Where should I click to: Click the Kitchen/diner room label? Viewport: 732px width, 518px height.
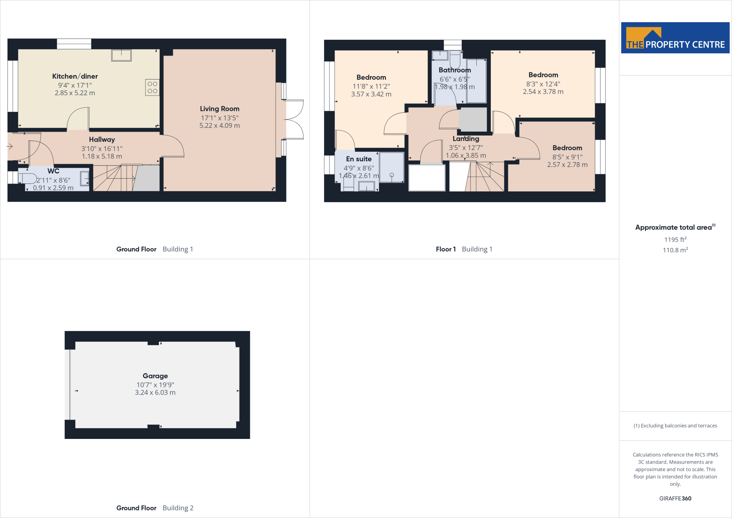click(75, 76)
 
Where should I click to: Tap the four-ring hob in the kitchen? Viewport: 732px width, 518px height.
click(152, 87)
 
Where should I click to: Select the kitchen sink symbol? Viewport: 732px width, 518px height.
click(122, 55)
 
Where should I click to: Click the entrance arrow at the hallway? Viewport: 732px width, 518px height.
click(10, 146)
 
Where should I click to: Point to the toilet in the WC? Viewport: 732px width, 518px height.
click(27, 179)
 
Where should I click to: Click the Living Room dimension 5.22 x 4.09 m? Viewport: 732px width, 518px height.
click(219, 126)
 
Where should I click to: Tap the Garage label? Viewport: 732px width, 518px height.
click(155, 376)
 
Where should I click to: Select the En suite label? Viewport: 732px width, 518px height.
click(358, 159)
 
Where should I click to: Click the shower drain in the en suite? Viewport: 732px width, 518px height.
click(392, 175)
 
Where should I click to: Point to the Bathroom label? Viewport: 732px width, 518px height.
click(455, 70)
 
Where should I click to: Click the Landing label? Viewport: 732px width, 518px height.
click(466, 139)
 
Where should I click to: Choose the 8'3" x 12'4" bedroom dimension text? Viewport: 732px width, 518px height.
click(543, 84)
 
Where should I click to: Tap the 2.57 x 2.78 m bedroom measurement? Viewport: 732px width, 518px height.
click(567, 165)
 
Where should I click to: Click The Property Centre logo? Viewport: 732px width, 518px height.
click(675, 38)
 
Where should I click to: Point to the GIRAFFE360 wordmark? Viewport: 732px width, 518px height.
click(675, 498)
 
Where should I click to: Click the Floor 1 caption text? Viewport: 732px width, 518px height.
click(446, 249)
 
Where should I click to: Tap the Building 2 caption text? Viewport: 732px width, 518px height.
click(178, 508)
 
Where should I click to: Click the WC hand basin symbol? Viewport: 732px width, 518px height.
click(85, 178)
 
